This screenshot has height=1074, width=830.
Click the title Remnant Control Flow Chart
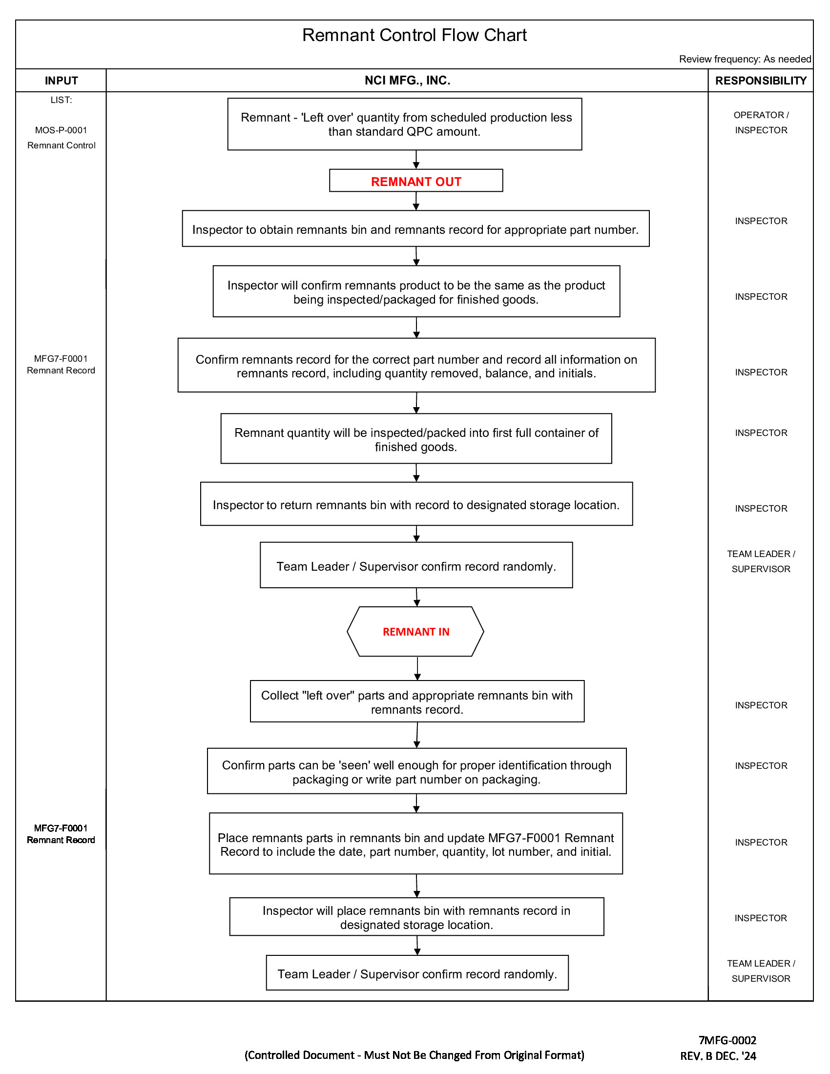[414, 36]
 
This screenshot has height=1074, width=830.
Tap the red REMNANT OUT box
[415, 181]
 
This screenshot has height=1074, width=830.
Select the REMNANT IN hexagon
[415, 631]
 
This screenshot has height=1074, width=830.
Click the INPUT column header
[61, 81]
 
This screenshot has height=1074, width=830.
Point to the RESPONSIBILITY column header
[760, 81]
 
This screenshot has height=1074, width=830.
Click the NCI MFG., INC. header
[407, 80]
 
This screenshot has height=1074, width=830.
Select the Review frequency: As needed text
[745, 59]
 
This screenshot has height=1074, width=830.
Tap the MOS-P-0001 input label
[61, 130]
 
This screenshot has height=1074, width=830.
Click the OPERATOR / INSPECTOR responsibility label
[761, 123]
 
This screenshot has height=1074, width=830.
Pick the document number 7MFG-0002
[727, 1040]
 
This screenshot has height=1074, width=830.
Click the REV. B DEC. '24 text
[718, 1056]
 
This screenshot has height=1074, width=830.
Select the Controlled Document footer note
[414, 1055]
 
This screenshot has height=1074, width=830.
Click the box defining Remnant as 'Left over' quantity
[404, 124]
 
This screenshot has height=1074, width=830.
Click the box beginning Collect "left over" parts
[416, 702]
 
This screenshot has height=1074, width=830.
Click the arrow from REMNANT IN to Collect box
[417, 668]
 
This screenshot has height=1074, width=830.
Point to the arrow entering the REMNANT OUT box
[416, 159]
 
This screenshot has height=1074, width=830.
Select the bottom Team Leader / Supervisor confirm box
[417, 974]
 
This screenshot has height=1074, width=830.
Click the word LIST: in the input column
[61, 100]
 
